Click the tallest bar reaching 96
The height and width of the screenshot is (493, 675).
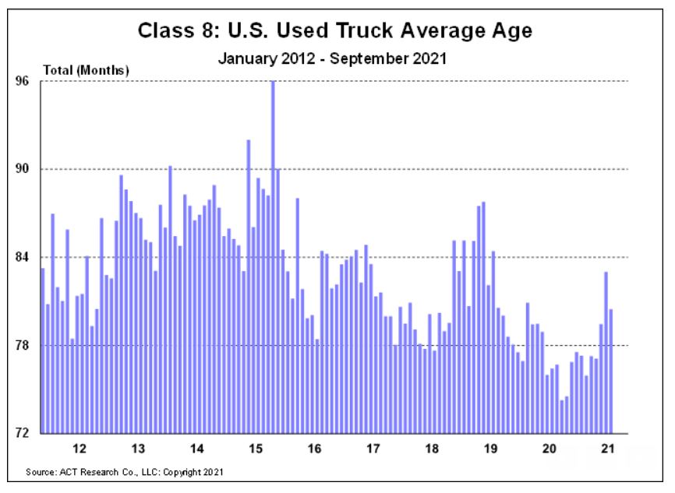click(273, 257)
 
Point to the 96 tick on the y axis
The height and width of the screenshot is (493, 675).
click(24, 81)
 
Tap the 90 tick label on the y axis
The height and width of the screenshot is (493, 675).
click(24, 169)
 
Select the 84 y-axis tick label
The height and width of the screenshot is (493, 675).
click(24, 257)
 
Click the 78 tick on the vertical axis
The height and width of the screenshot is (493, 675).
click(24, 345)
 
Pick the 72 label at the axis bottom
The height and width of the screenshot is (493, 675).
click(24, 433)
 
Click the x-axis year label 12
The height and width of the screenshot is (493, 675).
click(79, 449)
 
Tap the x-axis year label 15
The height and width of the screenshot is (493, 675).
click(255, 449)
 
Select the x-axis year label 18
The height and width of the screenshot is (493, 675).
click(431, 449)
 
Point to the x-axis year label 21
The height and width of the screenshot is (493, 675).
click(607, 449)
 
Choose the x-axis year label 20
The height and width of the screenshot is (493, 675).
click(549, 449)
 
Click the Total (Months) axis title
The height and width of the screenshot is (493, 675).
click(86, 70)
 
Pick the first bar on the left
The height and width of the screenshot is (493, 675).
click(43, 350)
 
